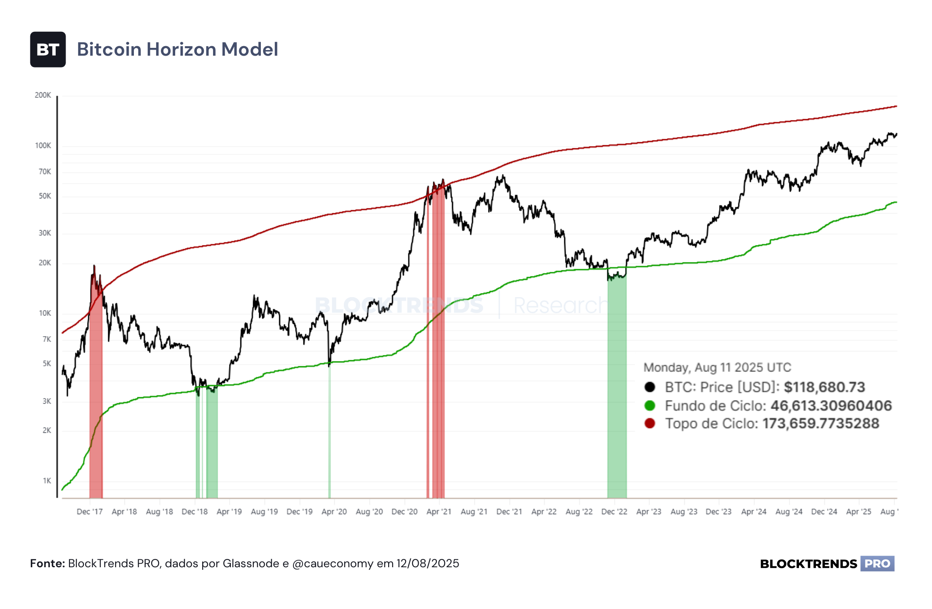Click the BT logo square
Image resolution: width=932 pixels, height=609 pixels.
pyautogui.click(x=48, y=50)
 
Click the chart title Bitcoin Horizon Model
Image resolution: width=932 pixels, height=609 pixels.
pyautogui.click(x=177, y=50)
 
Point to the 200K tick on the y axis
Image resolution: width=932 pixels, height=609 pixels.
pyautogui.click(x=43, y=95)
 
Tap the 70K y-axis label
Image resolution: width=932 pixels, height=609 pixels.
pyautogui.click(x=45, y=172)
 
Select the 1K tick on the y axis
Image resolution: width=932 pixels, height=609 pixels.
pyautogui.click(x=47, y=481)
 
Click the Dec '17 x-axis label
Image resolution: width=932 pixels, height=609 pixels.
pyautogui.click(x=90, y=512)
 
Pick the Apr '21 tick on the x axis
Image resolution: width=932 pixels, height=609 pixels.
pyautogui.click(x=439, y=512)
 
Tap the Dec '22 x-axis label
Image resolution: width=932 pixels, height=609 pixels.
pyautogui.click(x=614, y=512)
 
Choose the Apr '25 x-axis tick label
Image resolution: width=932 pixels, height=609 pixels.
pyautogui.click(x=859, y=512)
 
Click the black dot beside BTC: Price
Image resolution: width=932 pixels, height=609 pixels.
pyautogui.click(x=650, y=387)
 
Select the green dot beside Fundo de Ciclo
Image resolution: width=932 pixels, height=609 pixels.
pyautogui.click(x=650, y=405)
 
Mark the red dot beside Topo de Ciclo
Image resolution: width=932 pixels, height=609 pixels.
pyautogui.click(x=650, y=423)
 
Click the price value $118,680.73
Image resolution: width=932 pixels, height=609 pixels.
pyautogui.click(x=824, y=387)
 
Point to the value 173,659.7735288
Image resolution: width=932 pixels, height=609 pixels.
pyautogui.click(x=821, y=423)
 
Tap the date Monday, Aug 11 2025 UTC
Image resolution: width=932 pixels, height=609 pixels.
pyautogui.click(x=717, y=368)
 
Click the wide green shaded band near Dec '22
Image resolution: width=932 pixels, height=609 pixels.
pyautogui.click(x=617, y=383)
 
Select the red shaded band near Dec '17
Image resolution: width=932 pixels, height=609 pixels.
pyautogui.click(x=96, y=383)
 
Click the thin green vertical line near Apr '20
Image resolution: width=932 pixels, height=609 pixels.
pyautogui.click(x=329, y=431)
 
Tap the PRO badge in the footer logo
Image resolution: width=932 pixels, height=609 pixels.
pyautogui.click(x=877, y=564)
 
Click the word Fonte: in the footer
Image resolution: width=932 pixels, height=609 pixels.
pyautogui.click(x=47, y=564)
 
